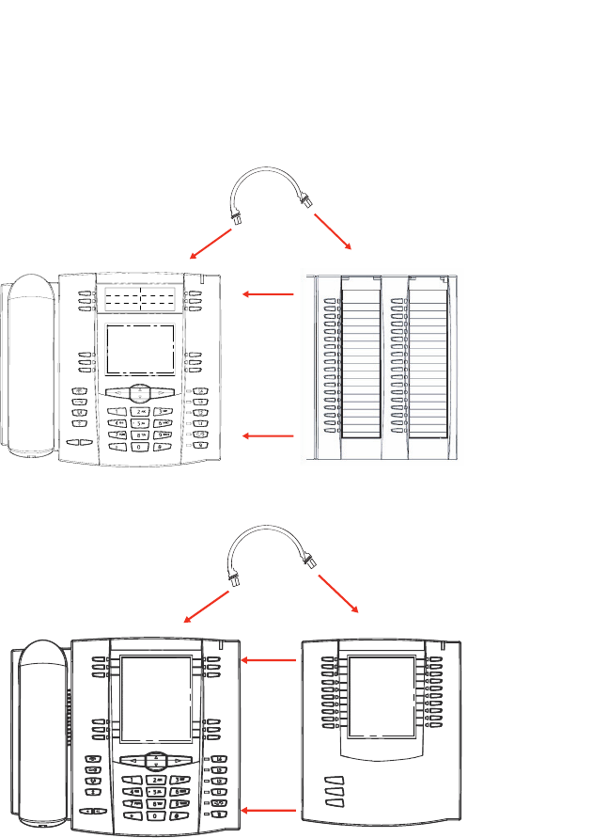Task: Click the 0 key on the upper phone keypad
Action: click(x=140, y=446)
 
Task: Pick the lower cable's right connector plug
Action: click(x=308, y=562)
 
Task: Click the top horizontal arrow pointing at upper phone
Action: click(x=268, y=294)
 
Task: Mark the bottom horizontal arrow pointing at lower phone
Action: click(x=269, y=809)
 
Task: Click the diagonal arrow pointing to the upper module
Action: click(x=333, y=231)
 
